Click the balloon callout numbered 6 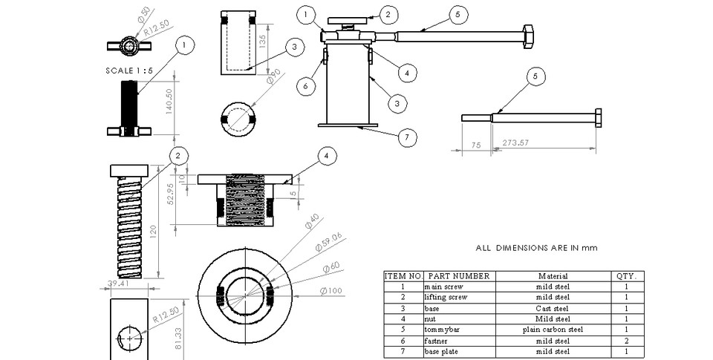[302, 85]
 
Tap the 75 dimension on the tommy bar [477, 146]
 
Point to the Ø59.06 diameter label [328, 242]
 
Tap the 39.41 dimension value [118, 283]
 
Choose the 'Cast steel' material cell [552, 308]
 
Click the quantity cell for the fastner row [626, 341]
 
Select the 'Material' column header [552, 276]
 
